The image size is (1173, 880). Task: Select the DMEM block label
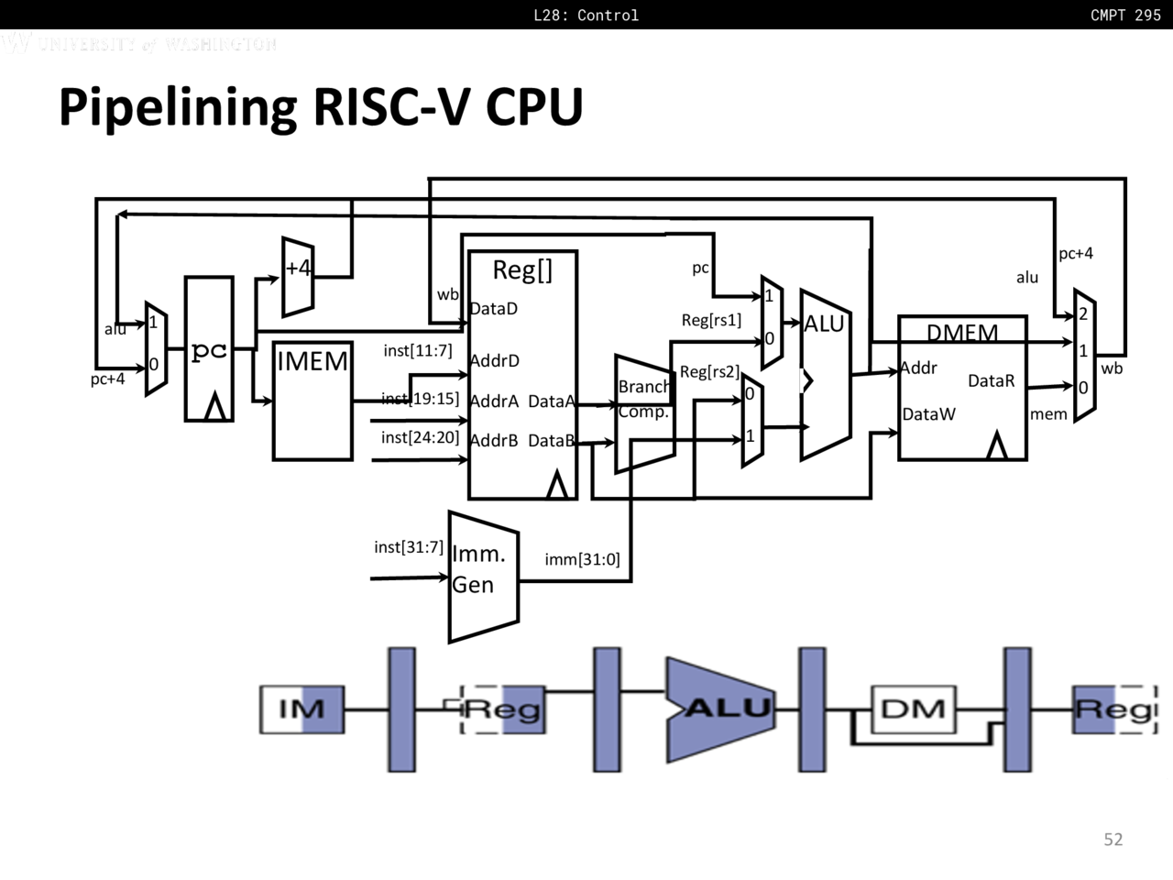pyautogui.click(x=962, y=332)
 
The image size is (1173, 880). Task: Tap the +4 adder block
pyautogui.click(x=298, y=276)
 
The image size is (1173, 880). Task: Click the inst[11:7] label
pyautogui.click(x=417, y=351)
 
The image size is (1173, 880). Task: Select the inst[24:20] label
pyautogui.click(x=420, y=437)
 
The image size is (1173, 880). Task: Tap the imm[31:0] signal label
pyautogui.click(x=582, y=559)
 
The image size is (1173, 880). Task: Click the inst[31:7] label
pyautogui.click(x=408, y=547)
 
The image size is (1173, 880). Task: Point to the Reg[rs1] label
pyautogui.click(x=711, y=320)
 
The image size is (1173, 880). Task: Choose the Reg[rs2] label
pyautogui.click(x=708, y=372)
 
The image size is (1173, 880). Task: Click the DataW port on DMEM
pyautogui.click(x=928, y=414)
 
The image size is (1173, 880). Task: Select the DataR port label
pyautogui.click(x=991, y=380)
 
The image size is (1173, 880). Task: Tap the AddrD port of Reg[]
pyautogui.click(x=495, y=361)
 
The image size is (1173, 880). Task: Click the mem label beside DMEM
pyautogui.click(x=1048, y=414)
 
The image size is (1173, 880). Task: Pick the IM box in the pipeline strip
pyautogui.click(x=301, y=709)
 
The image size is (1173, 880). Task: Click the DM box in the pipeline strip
pyautogui.click(x=912, y=709)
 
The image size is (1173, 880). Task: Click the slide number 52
pyautogui.click(x=1113, y=840)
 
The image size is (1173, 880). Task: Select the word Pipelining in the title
pyautogui.click(x=178, y=106)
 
